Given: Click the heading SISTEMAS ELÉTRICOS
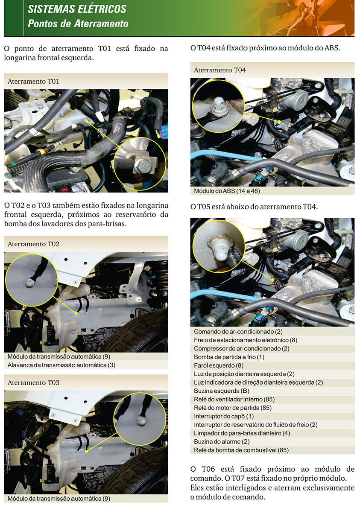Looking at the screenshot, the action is point(77,9).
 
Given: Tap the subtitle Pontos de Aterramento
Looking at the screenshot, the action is point(78,23).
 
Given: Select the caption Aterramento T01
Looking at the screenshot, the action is point(33,82).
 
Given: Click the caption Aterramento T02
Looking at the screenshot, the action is point(33,244).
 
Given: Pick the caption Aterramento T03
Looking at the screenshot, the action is point(33,382).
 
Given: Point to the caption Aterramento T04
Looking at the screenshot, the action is point(220,70).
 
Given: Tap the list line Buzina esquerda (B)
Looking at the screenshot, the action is point(221,391).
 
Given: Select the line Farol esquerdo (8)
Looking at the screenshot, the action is point(219,365).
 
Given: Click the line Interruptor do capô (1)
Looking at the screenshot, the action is point(224,417).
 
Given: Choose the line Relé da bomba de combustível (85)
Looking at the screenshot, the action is point(241,450).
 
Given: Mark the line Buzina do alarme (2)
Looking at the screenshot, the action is point(222,442).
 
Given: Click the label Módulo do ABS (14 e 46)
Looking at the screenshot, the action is point(227,191).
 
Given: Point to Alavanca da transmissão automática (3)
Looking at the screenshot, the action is point(61,365).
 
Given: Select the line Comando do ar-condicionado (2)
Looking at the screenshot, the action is point(238,332).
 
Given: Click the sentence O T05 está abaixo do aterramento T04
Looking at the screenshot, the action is point(254,207).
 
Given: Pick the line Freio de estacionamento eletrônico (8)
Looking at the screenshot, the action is point(246,340).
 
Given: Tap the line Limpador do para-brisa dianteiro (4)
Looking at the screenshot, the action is point(242,434).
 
